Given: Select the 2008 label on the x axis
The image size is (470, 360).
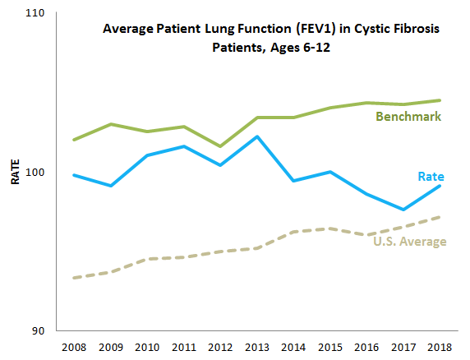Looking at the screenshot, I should [x=74, y=348].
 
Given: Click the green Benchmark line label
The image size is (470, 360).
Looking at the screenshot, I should [x=408, y=117].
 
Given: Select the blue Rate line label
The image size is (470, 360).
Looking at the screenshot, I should [x=431, y=177].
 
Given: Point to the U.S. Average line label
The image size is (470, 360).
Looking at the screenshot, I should [x=410, y=241].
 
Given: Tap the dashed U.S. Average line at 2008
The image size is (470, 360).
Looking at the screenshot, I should [x=74, y=278].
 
